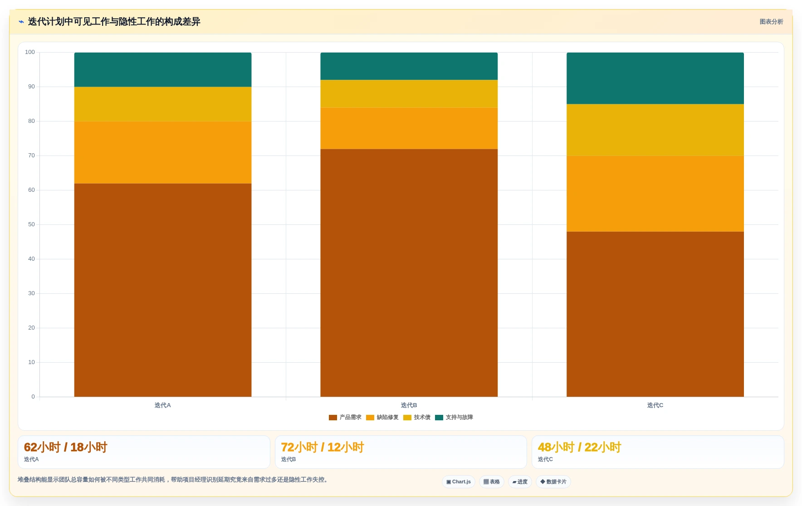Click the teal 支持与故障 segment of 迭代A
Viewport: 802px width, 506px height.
pos(163,70)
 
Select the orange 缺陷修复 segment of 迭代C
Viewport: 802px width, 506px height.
pos(655,194)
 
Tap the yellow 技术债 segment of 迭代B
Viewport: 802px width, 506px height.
pos(409,94)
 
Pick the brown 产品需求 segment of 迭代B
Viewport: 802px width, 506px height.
pos(409,273)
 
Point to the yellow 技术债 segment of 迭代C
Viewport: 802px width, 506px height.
pos(655,130)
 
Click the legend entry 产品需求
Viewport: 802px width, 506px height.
pos(345,418)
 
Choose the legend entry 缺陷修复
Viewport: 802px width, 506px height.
pos(382,418)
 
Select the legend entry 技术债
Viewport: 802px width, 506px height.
pos(417,418)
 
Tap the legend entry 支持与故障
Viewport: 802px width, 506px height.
pos(454,418)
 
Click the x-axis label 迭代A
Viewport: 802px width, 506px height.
pos(163,405)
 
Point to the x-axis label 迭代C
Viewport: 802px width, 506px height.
pos(655,405)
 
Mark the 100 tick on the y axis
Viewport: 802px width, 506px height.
pos(30,52)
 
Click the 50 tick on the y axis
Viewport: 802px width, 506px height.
pos(31,224)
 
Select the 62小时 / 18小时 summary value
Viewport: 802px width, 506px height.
pos(66,448)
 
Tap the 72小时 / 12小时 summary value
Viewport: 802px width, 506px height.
pos(323,448)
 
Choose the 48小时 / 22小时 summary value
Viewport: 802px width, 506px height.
pos(579,448)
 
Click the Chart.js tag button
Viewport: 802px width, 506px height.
pos(459,482)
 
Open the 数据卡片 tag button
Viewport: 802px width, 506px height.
pos(553,482)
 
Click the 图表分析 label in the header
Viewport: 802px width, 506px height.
pos(771,22)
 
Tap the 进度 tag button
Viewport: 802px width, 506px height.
pos(520,482)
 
